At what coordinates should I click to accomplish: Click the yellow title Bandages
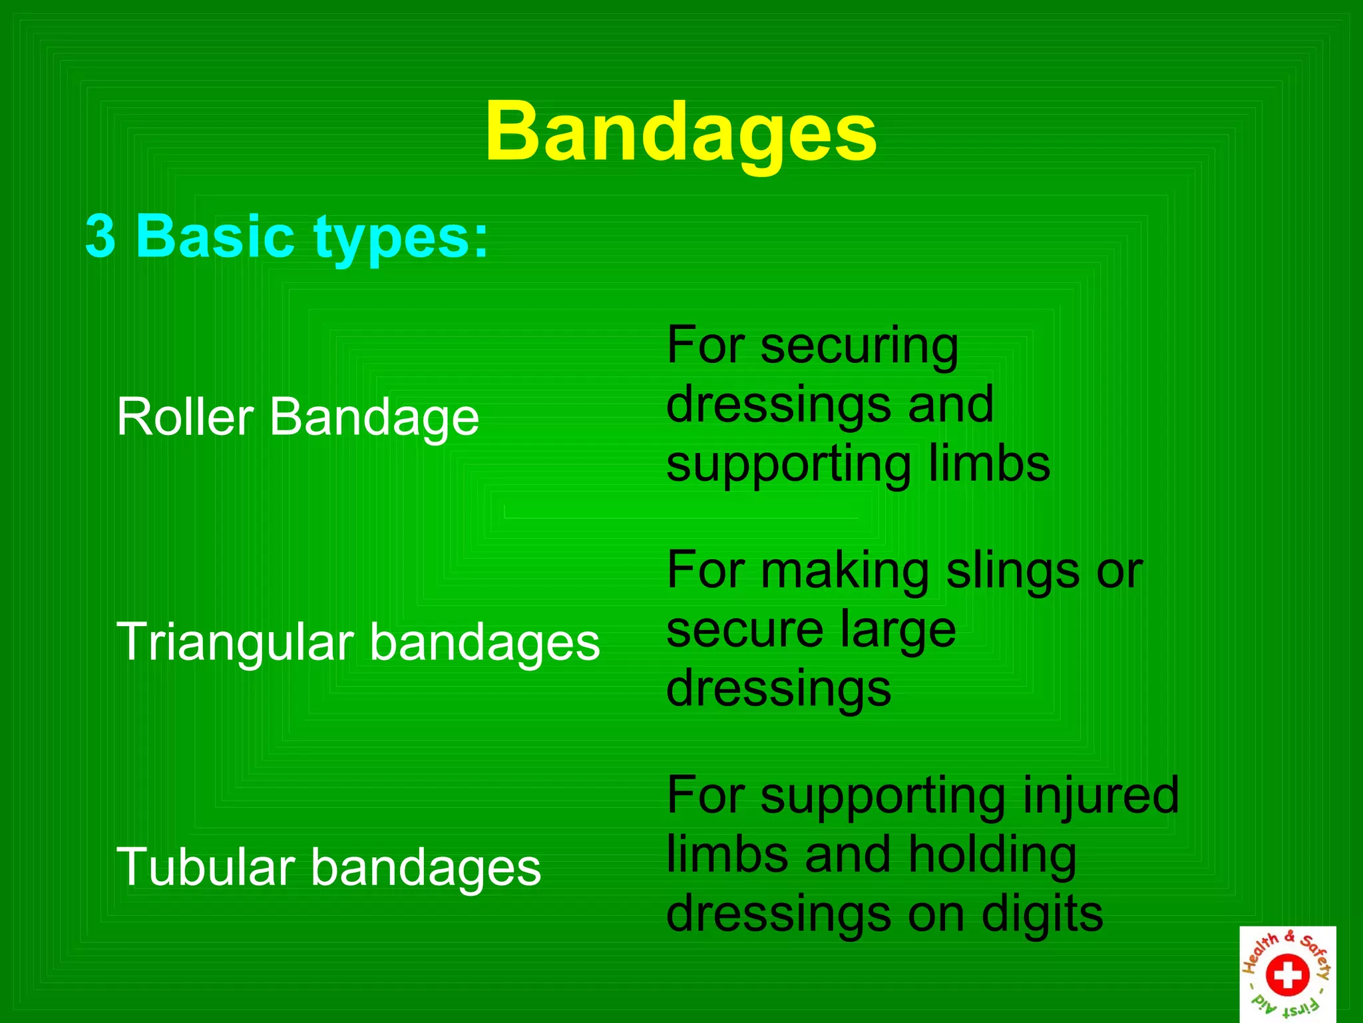tap(681, 133)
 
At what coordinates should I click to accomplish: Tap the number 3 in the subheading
tap(100, 236)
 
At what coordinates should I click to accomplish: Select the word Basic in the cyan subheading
tap(214, 236)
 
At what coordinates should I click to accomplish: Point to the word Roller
tap(185, 417)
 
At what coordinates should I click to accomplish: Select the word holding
tap(992, 855)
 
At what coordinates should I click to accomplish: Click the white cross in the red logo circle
tap(1287, 975)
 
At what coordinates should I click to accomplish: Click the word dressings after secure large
tap(778, 690)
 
